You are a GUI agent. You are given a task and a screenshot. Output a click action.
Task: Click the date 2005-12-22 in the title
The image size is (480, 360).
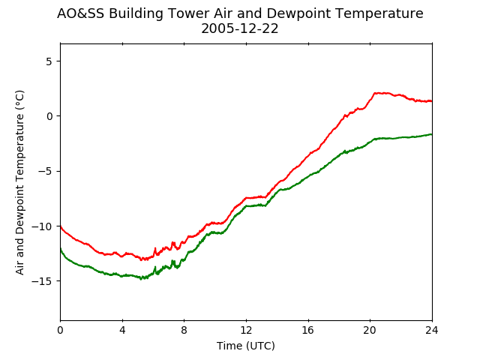pyautogui.click(x=240, y=28)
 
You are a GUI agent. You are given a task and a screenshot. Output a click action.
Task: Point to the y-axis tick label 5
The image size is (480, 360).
pyautogui.click(x=49, y=61)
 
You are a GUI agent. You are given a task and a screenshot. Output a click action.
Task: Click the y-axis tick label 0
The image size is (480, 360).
pyautogui.click(x=49, y=116)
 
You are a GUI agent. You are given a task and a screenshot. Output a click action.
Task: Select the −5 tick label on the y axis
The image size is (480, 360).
pyautogui.click(x=45, y=172)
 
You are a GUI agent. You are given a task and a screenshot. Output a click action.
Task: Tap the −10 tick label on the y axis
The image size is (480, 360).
pyautogui.click(x=42, y=226)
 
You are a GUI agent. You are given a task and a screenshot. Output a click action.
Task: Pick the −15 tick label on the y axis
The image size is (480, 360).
pyautogui.click(x=42, y=281)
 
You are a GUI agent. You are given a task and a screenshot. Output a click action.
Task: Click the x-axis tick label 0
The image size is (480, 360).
pyautogui.click(x=60, y=330)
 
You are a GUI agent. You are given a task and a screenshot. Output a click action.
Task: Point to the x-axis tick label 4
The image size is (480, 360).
pyautogui.click(x=122, y=330)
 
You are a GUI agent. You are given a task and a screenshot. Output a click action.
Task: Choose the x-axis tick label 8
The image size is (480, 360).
pyautogui.click(x=184, y=330)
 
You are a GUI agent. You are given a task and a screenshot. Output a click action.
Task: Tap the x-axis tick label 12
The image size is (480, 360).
pyautogui.click(x=246, y=330)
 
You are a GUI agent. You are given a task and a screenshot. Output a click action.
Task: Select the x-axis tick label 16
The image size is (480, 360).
pyautogui.click(x=308, y=330)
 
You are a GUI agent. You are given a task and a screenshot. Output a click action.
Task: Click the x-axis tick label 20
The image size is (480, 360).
pyautogui.click(x=370, y=330)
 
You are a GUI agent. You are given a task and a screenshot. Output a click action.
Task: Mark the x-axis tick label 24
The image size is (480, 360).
pyautogui.click(x=432, y=330)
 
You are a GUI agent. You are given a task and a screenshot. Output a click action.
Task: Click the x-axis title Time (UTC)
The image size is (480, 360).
pyautogui.click(x=246, y=346)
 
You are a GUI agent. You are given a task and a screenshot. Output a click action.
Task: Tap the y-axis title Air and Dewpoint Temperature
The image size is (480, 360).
pyautogui.click(x=19, y=183)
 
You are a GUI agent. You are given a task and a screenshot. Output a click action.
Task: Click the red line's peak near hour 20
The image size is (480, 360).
pyautogui.click(x=375, y=93)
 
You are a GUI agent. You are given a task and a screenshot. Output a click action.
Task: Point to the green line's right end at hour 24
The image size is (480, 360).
pyautogui.click(x=432, y=134)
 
